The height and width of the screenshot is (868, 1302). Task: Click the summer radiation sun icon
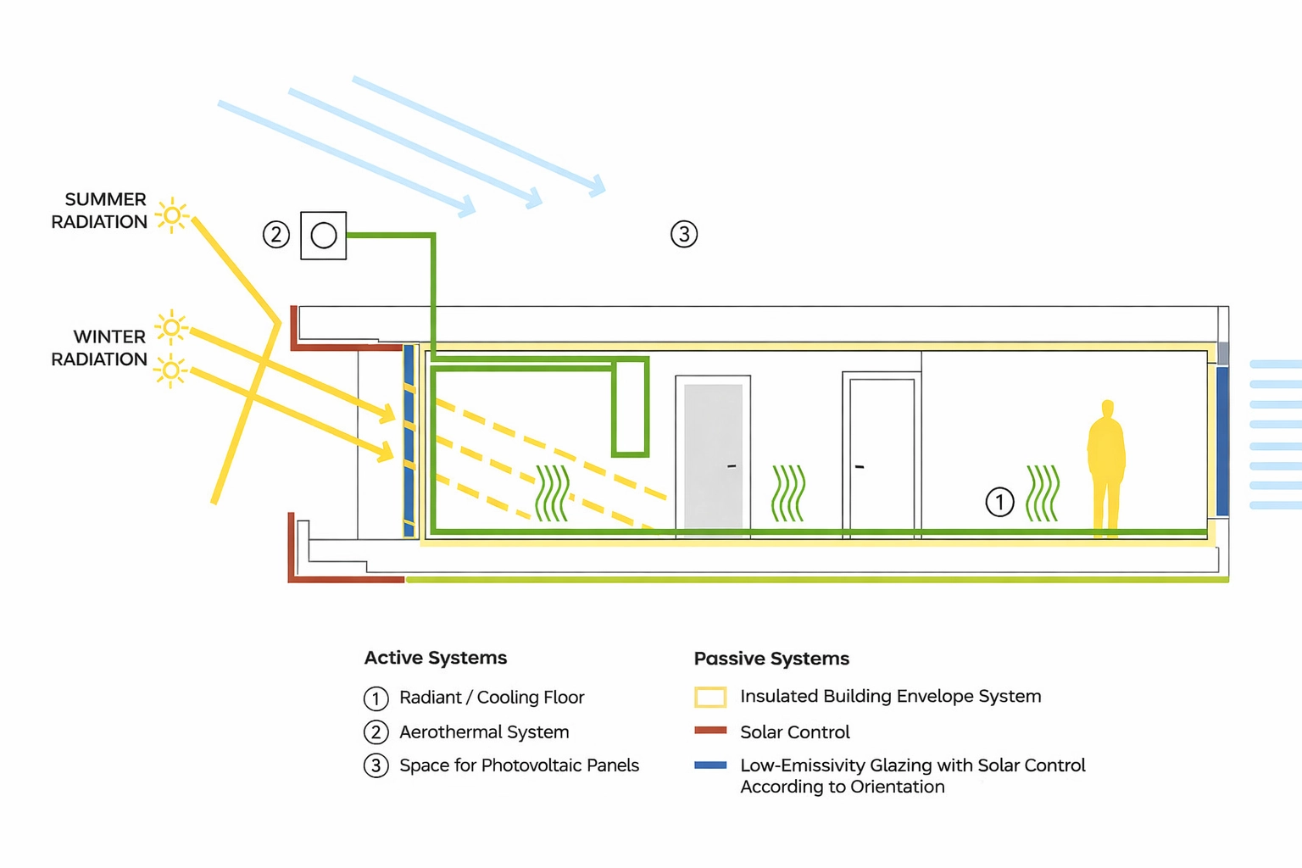172,215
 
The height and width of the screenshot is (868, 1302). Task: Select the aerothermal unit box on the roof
324,236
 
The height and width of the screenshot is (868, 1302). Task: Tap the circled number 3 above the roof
684,234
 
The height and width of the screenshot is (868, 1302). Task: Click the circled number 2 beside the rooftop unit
276,235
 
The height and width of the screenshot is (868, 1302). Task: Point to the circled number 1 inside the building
999,502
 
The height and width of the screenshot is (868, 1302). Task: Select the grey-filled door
713,456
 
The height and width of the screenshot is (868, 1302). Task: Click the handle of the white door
860,466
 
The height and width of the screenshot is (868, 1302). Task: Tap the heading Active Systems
436,658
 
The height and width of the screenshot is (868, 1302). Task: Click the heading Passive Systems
771,658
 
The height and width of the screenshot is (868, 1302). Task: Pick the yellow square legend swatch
710,697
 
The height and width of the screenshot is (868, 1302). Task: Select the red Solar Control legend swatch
710,730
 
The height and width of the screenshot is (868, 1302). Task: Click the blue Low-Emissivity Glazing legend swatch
710,765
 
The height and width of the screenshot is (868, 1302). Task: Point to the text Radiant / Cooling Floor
492,697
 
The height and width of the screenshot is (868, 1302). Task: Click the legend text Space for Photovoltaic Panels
519,765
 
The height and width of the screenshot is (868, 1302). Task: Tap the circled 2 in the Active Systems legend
376,732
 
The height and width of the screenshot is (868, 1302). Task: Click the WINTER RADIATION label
99,348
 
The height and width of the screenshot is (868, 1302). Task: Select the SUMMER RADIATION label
99,210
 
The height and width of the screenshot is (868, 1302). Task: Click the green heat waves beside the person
1043,493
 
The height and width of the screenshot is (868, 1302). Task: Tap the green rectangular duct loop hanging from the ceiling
631,407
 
